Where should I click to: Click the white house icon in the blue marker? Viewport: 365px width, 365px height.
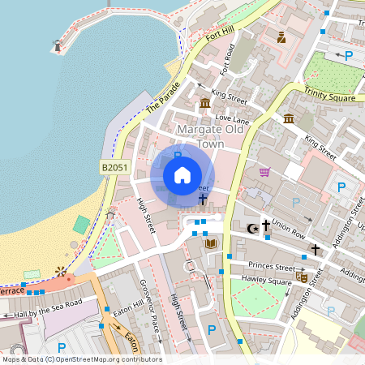[x=182, y=174]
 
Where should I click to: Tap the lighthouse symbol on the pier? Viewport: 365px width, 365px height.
[x=58, y=46]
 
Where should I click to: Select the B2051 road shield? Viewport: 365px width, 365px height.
[x=115, y=167]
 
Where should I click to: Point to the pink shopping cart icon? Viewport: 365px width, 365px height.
[x=264, y=172]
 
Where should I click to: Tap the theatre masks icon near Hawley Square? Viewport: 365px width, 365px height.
[x=302, y=277]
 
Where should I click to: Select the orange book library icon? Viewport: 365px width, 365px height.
[x=211, y=243]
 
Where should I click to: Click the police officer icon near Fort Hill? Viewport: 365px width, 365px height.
[x=281, y=37]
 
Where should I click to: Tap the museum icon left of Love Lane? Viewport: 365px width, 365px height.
[x=205, y=104]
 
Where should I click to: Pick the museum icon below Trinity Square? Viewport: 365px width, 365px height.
[x=289, y=120]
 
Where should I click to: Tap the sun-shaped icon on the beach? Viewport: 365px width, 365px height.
[x=60, y=271]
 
